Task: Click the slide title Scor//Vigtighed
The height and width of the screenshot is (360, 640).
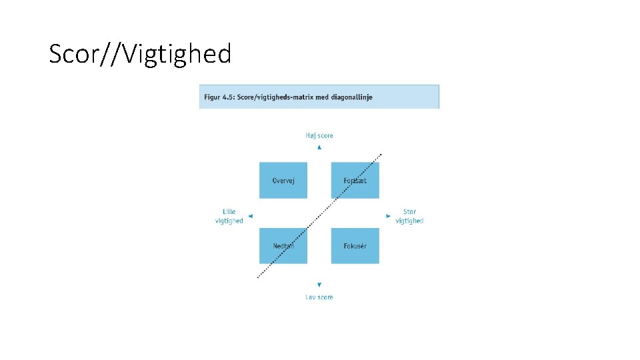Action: click(140, 54)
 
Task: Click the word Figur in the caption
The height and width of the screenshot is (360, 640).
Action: click(212, 97)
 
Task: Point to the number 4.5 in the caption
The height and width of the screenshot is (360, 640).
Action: click(230, 97)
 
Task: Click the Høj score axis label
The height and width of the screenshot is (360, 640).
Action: click(319, 135)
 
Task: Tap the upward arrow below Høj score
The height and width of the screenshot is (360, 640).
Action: click(319, 147)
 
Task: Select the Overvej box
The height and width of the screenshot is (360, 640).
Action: click(283, 181)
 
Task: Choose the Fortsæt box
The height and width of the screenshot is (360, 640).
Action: click(355, 181)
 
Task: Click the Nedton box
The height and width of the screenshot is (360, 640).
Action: click(283, 246)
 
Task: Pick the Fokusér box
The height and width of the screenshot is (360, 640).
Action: click(355, 246)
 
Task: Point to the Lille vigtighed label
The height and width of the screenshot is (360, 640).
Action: click(229, 217)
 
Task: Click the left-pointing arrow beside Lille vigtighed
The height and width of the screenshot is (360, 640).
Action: click(250, 216)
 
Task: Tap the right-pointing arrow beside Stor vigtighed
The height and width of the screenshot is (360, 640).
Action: click(388, 216)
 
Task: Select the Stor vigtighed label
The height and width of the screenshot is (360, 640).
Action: click(409, 217)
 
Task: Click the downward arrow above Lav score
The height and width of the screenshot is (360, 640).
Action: click(319, 285)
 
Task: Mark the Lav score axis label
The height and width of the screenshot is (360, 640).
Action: click(319, 297)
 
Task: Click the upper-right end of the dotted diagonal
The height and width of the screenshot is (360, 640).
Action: click(381, 155)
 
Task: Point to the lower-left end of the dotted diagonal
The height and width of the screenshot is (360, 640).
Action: click(258, 278)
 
